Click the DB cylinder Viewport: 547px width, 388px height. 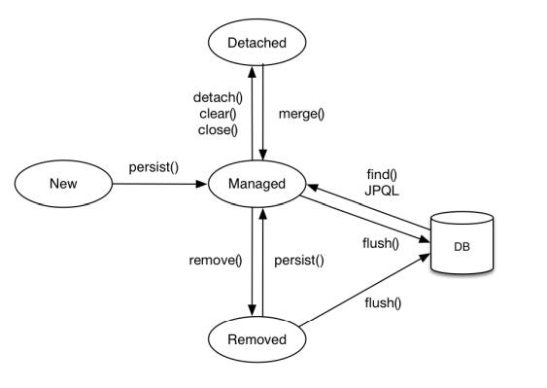tap(462, 243)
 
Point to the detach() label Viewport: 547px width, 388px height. tap(218, 98)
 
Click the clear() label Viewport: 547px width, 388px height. tap(218, 114)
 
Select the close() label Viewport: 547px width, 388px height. tap(218, 130)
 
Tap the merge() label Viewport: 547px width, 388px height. tap(301, 114)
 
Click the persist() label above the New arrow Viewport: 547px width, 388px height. tap(154, 167)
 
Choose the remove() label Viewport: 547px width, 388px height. tap(216, 261)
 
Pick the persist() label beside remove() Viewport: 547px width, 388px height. tap(299, 261)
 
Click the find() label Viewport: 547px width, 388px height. tap(382, 174)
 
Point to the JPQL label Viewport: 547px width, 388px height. tap(382, 191)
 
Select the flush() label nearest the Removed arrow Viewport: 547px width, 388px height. tap(383, 302)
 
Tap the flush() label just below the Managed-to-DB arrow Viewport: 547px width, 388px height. tap(381, 243)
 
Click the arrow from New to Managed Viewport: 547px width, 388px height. tap(160, 184)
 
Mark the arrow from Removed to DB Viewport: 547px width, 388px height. tap(364, 290)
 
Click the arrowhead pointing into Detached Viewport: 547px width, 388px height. tap(252, 71)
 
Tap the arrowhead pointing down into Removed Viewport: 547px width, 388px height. tap(252, 310)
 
